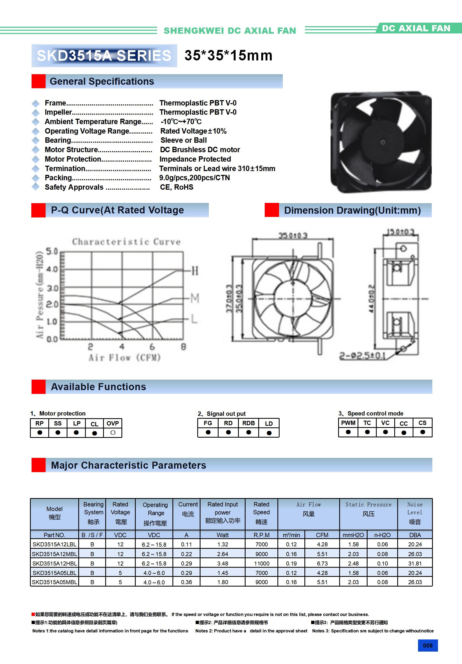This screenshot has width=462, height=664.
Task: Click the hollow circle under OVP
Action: click(113, 433)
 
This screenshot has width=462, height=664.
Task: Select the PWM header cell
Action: click(348, 423)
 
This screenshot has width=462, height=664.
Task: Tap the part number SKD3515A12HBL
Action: click(55, 563)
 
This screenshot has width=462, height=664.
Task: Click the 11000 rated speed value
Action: click(261, 563)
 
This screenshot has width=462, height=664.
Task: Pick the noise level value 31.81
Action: click(415, 563)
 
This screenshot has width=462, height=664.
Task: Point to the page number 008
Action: click(427, 645)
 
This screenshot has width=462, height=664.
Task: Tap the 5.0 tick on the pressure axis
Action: click(52, 251)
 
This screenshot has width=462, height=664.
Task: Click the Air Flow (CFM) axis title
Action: click(124, 358)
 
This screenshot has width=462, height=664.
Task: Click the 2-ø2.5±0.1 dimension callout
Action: click(362, 356)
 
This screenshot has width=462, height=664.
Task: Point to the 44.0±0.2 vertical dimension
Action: click(371, 298)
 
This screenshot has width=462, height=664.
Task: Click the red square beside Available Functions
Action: click(39, 387)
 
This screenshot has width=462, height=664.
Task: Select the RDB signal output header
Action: click(249, 423)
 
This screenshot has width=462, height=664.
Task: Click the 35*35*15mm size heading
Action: click(228, 56)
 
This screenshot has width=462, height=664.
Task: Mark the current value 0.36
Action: click(186, 582)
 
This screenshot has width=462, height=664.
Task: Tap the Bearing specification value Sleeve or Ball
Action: click(184, 140)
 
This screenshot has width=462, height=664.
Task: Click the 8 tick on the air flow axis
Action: click(184, 346)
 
